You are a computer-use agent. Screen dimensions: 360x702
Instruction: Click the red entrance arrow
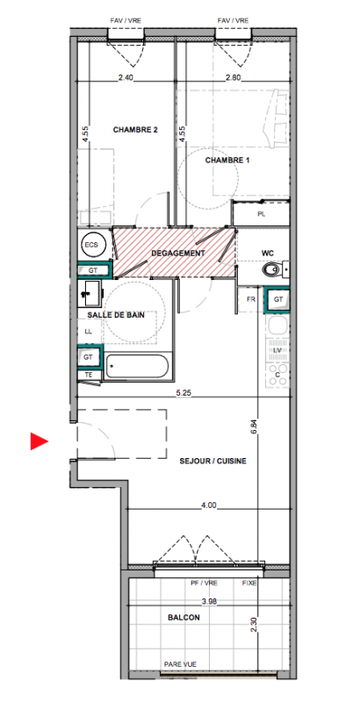(39, 441)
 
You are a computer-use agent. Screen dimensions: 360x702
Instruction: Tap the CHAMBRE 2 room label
(135, 130)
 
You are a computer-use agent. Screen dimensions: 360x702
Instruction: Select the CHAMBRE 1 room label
(227, 160)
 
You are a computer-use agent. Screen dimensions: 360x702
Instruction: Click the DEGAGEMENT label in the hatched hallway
(177, 253)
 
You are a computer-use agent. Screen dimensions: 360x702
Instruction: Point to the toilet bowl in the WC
(270, 269)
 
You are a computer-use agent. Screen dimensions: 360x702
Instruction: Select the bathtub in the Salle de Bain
(138, 366)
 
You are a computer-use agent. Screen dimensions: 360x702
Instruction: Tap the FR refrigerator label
(251, 300)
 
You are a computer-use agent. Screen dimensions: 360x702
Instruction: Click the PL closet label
(262, 214)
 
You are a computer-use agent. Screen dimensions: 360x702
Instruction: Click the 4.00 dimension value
(209, 505)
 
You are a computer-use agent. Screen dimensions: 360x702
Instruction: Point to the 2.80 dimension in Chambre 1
(234, 77)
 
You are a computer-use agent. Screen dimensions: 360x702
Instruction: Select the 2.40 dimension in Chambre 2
(126, 77)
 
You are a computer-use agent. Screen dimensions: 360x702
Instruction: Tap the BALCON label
(184, 618)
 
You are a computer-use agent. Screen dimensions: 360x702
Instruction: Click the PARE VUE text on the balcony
(181, 664)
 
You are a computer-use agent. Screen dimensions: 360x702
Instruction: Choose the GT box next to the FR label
(278, 300)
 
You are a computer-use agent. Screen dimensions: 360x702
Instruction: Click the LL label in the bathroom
(88, 332)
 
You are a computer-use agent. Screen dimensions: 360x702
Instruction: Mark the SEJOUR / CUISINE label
(212, 462)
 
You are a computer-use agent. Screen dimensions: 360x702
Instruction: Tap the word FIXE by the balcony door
(249, 584)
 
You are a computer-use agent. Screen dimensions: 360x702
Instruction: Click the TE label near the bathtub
(89, 376)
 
